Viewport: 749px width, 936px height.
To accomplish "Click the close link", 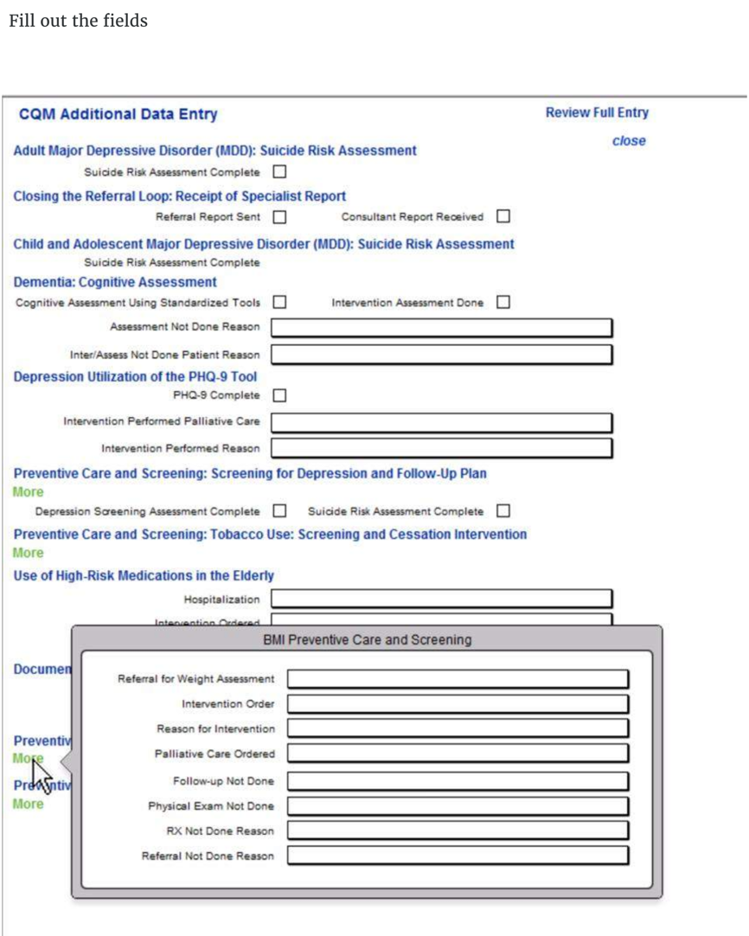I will click(628, 141).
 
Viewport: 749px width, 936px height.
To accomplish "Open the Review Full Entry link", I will click(596, 112).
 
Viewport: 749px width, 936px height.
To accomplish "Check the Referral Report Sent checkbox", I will click(279, 216).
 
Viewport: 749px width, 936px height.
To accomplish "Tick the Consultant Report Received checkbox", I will click(503, 216).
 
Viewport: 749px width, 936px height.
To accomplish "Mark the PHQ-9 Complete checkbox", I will click(279, 395).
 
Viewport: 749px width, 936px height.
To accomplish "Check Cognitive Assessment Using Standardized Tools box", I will click(279, 303).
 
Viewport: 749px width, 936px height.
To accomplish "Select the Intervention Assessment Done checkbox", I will click(503, 303).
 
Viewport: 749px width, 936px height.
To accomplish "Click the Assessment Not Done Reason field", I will click(441, 328).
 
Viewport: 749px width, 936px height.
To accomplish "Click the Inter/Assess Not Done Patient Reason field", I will click(441, 355).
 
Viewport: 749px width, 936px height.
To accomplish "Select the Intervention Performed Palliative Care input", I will click(441, 422).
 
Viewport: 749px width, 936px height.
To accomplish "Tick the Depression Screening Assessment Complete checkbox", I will click(279, 511).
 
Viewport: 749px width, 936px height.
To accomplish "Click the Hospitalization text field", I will click(441, 599).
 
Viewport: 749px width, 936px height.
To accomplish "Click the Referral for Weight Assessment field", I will click(458, 679).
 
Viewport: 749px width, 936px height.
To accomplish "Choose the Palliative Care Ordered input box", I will click(458, 753).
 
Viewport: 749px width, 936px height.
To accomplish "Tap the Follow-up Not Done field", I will click(458, 781).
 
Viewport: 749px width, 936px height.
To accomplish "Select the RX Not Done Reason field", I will click(458, 830).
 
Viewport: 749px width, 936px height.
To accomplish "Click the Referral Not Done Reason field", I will click(458, 856).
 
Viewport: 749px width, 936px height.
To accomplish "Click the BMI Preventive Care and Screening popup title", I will click(367, 640).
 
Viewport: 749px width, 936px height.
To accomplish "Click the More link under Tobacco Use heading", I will click(28, 553).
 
